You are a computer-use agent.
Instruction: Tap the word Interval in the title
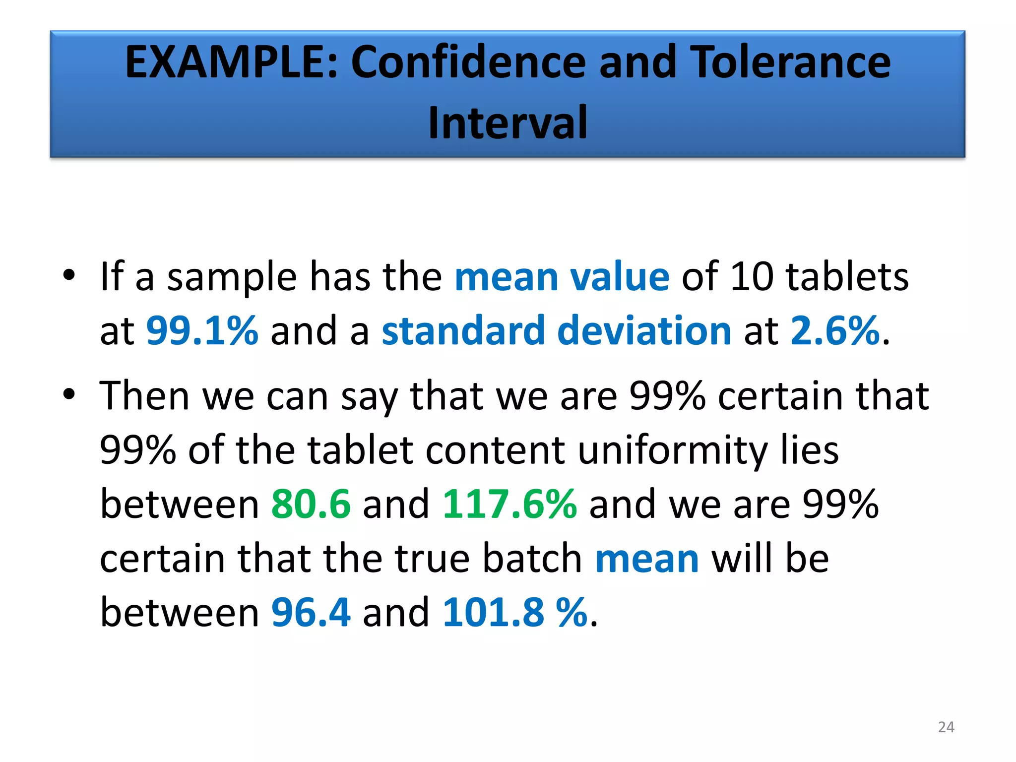508,123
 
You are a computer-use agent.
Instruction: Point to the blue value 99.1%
202,330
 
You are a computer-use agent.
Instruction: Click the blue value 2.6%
835,330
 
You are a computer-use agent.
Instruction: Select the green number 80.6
311,504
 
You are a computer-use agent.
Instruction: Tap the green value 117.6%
509,504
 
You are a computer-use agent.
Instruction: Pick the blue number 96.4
311,612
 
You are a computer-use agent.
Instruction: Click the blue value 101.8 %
515,612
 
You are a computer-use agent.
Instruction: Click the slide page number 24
946,727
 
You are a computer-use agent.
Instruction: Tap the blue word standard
463,330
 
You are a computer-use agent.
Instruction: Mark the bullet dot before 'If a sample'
69,274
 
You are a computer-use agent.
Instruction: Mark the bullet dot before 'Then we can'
69,394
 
